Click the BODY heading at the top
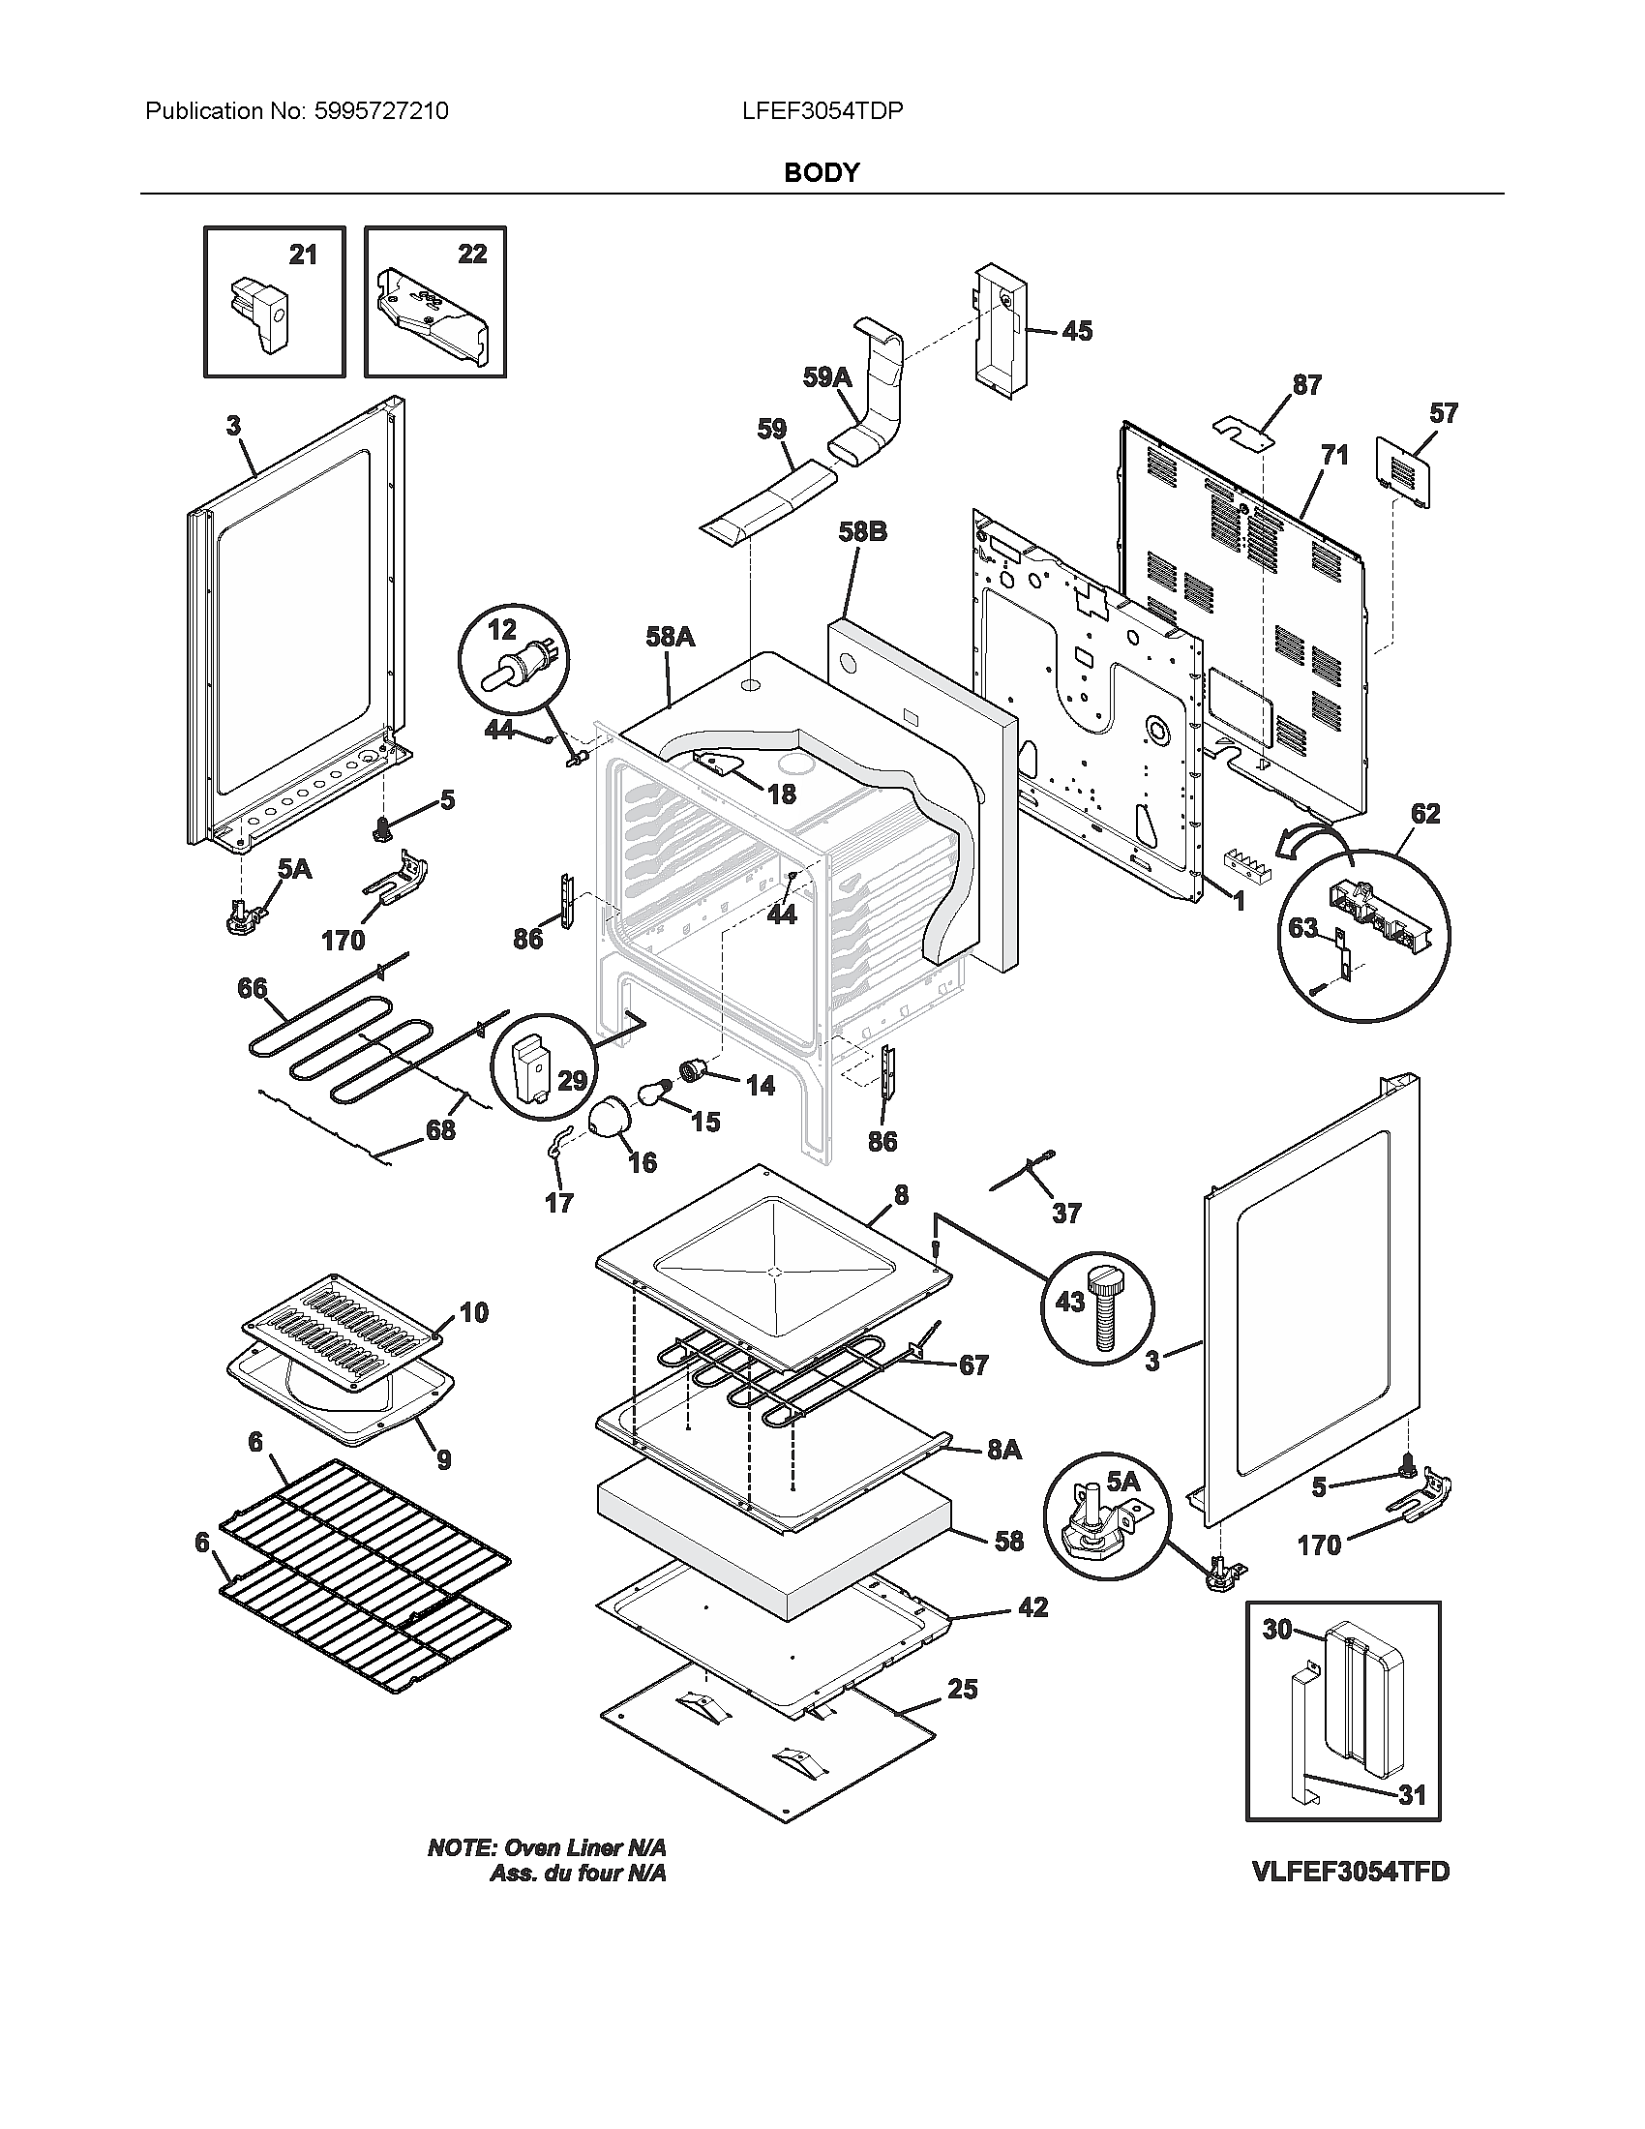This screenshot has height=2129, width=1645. pos(822,172)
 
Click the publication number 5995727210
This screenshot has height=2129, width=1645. pos(380,111)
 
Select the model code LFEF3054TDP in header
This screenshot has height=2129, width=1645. pos(822,111)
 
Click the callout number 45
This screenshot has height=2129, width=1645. pos(1076,331)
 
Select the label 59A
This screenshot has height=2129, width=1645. pos(826,377)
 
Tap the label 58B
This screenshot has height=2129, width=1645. pos(862,532)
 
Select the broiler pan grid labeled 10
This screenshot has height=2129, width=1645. pos(341,1317)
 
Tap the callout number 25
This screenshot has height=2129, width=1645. pos(962,1689)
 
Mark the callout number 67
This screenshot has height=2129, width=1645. pos(973,1365)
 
